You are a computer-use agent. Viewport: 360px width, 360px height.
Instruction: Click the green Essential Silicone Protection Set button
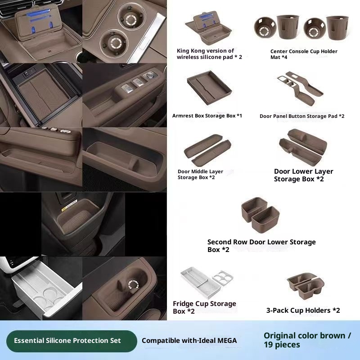(72, 341)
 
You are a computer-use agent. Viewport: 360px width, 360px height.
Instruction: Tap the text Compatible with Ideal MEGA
(189, 341)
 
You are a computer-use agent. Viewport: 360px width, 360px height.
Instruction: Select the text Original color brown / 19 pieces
(307, 340)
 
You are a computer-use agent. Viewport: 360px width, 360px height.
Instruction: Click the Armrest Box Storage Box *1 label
(207, 116)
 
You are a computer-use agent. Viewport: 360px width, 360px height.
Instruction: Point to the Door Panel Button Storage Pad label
(302, 116)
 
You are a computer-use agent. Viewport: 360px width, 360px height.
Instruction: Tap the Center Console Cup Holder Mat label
(304, 54)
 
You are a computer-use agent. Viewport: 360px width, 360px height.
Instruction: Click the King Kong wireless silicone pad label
(209, 54)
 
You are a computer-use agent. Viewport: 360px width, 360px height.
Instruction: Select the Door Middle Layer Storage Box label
(200, 175)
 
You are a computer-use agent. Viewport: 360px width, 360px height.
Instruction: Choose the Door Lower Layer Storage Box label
(303, 175)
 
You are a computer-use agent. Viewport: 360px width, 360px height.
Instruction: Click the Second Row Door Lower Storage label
(261, 246)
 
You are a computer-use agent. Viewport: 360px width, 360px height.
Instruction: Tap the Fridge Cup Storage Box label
(204, 307)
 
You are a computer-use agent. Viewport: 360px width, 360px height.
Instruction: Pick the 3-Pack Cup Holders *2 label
(303, 310)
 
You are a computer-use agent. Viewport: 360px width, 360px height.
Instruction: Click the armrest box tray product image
(209, 88)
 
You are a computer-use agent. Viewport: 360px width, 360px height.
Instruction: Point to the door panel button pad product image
(300, 88)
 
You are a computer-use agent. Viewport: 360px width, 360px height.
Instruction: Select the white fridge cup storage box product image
(207, 283)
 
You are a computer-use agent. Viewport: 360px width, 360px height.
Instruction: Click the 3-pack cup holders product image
(306, 286)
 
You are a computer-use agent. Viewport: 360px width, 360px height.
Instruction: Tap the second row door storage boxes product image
(260, 214)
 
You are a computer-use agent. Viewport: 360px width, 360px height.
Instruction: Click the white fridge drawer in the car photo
(46, 289)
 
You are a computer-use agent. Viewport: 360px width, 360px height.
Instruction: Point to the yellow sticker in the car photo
(69, 205)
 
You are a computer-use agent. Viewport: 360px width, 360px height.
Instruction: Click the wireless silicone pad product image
(208, 28)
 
